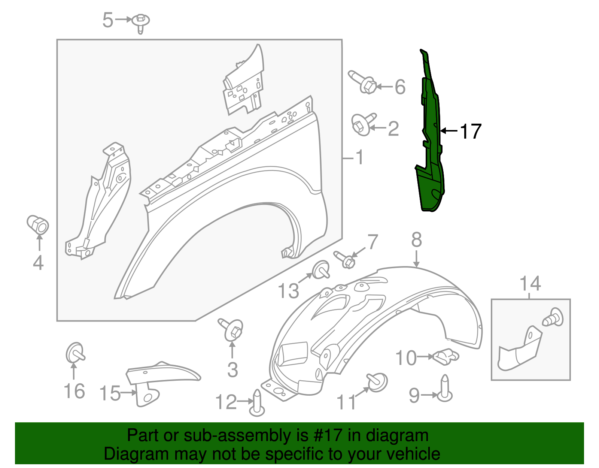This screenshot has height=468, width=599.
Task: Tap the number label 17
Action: [471, 132]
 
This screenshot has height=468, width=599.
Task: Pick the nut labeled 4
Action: [38, 224]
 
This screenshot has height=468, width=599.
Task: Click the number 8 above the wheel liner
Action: [416, 240]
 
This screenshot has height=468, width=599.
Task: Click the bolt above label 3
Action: [232, 329]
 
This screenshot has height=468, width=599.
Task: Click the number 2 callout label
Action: [393, 129]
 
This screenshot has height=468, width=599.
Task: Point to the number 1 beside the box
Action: [359, 157]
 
